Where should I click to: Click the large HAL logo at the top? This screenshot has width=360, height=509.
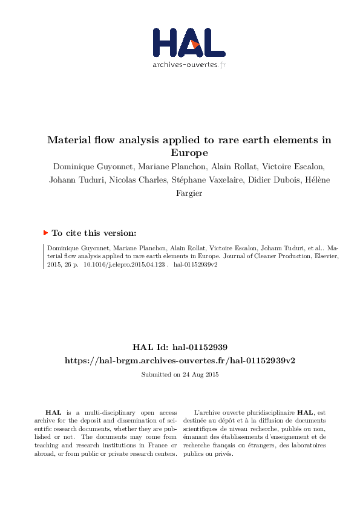click(x=188, y=43)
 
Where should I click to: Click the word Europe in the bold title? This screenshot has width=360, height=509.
click(x=189, y=152)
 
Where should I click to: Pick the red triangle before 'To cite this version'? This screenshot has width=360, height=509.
click(x=45, y=232)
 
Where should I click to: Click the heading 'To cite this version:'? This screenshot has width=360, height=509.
click(x=94, y=233)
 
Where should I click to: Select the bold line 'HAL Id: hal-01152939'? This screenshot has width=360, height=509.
click(x=180, y=348)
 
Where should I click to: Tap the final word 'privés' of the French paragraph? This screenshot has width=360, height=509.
click(x=224, y=454)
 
